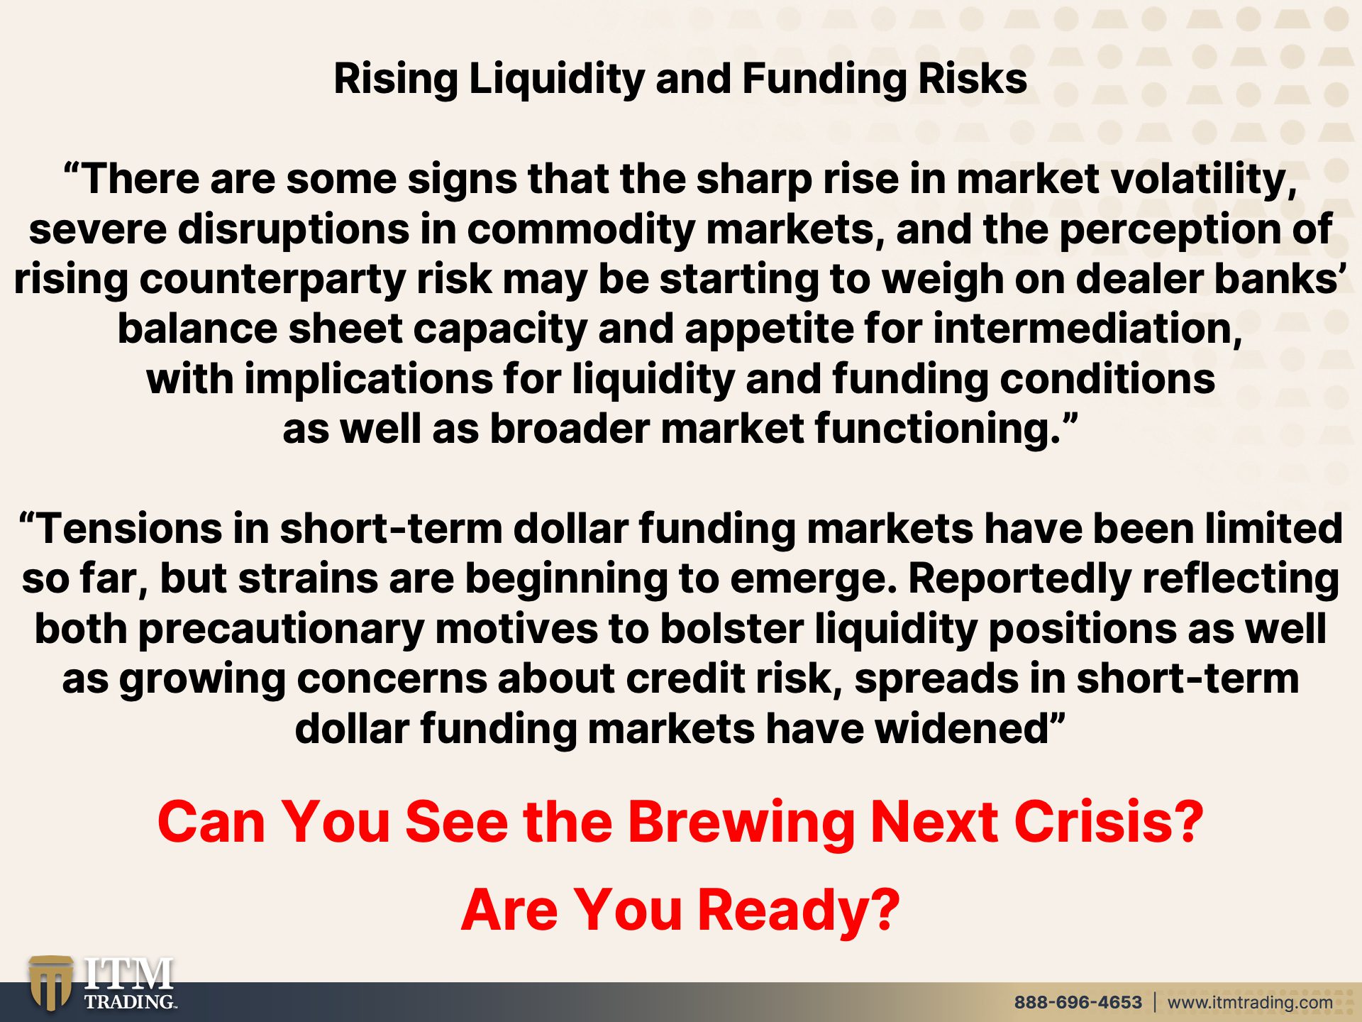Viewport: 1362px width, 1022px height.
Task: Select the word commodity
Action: pyautogui.click(x=581, y=230)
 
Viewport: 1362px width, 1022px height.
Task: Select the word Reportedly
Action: pyautogui.click(x=1019, y=580)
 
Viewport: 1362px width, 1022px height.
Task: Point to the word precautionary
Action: pyautogui.click(x=281, y=630)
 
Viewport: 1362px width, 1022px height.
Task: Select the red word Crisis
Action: pyautogui.click(x=1109, y=822)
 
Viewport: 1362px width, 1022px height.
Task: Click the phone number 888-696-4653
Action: pyautogui.click(x=1078, y=1002)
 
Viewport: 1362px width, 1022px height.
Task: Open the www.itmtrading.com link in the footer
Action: pyautogui.click(x=1250, y=1003)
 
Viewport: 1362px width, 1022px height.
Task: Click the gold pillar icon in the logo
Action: pyautogui.click(x=50, y=983)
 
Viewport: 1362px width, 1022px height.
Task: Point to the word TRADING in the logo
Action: pyautogui.click(x=131, y=1001)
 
